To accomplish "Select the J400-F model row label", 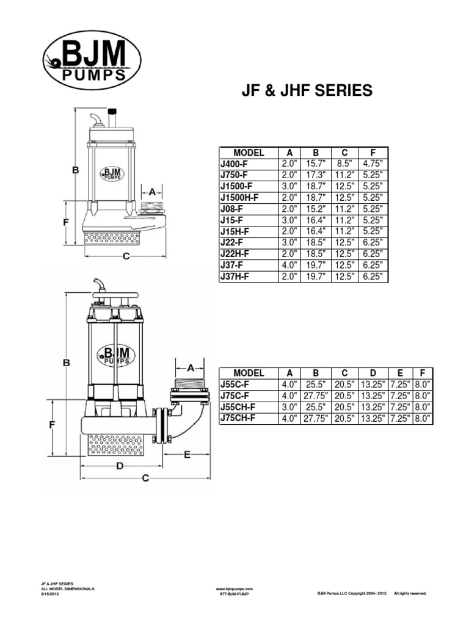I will coord(234,163).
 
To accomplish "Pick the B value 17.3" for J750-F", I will coord(316,175).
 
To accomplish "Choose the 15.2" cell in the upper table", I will coord(316,208).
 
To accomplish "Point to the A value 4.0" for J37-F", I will coord(289,265).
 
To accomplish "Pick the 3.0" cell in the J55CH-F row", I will coord(289,407).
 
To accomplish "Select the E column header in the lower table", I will coord(400,373).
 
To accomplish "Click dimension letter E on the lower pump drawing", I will coord(187,454).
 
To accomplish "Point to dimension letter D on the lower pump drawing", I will coord(120,466).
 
